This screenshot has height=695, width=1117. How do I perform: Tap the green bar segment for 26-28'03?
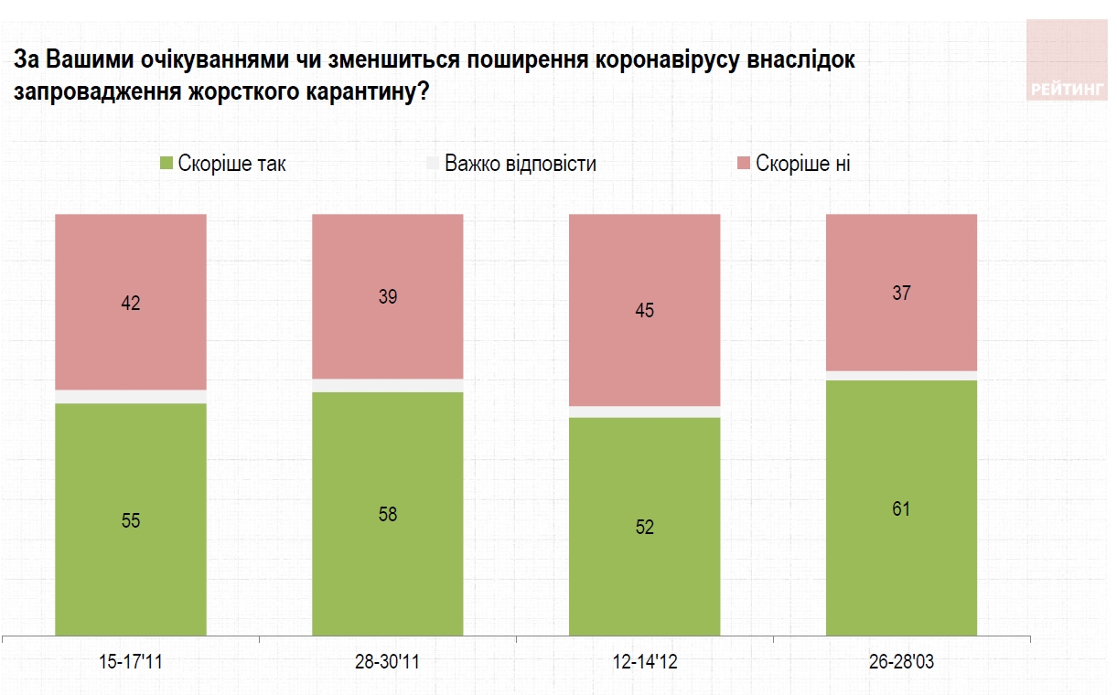pyautogui.click(x=901, y=558)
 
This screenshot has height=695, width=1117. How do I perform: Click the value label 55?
pyautogui.click(x=131, y=520)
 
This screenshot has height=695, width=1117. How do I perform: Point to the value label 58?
pyautogui.click(x=388, y=514)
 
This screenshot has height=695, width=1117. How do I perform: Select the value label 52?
pyautogui.click(x=645, y=528)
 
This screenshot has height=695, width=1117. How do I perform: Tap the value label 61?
pyautogui.click(x=902, y=508)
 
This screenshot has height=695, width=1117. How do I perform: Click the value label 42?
pyautogui.click(x=131, y=303)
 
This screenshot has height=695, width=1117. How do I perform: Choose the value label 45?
pyautogui.click(x=645, y=310)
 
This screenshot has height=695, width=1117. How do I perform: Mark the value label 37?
pyautogui.click(x=902, y=293)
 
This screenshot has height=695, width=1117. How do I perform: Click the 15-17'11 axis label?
pyautogui.click(x=131, y=662)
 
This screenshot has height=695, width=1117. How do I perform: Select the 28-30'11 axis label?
pyautogui.click(x=388, y=662)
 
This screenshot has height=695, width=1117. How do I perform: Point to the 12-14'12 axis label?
pyautogui.click(x=645, y=662)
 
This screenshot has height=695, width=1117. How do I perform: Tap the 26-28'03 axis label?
pyautogui.click(x=902, y=662)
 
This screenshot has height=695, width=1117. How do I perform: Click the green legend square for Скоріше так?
pyautogui.click(x=166, y=164)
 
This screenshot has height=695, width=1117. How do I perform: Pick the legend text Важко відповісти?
pyautogui.click(x=520, y=164)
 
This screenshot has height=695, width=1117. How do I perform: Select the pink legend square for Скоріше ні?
pyautogui.click(x=744, y=164)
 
